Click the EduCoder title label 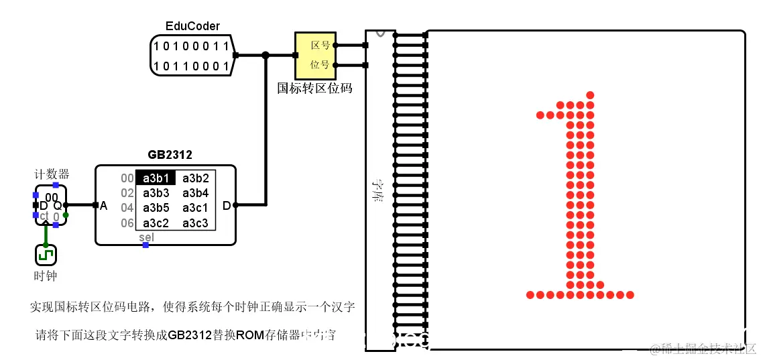[x=192, y=26]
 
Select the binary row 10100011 [x=191, y=46]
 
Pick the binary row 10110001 [x=191, y=66]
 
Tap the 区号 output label [x=320, y=46]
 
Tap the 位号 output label [x=320, y=65]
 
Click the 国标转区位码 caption [x=314, y=88]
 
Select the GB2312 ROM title [x=170, y=155]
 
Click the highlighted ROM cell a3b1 [x=156, y=178]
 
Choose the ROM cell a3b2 [x=195, y=178]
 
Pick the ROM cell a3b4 [x=195, y=193]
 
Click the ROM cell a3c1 [x=195, y=208]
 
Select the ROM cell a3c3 [x=195, y=223]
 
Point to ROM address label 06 [x=127, y=223]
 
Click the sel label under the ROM [x=146, y=237]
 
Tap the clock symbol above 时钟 [x=46, y=255]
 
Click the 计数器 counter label [x=52, y=174]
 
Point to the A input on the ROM [x=103, y=205]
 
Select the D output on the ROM [x=226, y=205]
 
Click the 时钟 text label [x=46, y=276]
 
